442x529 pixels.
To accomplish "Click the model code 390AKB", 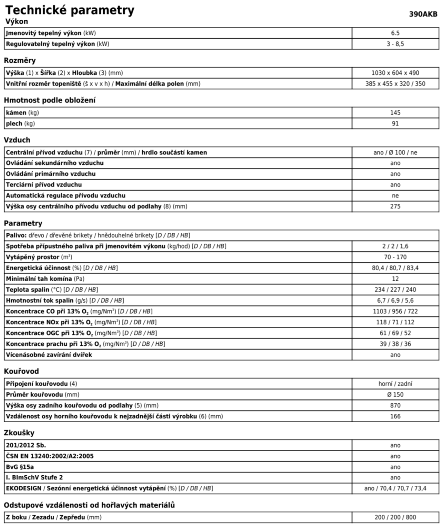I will coord(423,14).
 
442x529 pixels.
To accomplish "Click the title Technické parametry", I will coord(70,10).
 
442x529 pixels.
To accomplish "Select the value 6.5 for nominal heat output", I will coord(395,33).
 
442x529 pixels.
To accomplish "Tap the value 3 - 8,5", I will coord(395,44).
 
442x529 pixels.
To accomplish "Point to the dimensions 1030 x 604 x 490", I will coord(395,73).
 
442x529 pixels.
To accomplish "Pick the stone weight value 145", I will coord(395,113).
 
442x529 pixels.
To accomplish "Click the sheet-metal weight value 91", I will coord(395,124).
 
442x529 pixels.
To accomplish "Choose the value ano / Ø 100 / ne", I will coord(395,152).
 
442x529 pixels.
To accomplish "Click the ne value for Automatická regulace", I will coord(395,196).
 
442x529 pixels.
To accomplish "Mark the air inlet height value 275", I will coord(395,206).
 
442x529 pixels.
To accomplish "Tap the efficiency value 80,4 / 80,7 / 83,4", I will coord(395,268).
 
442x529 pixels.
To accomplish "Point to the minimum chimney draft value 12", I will coord(395,279).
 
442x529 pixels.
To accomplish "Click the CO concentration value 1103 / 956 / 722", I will coord(395,311).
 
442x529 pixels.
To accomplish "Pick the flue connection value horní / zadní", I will coord(395,384).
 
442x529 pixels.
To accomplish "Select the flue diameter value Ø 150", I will coord(395,395).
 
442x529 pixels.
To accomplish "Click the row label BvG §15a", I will coord(20,467).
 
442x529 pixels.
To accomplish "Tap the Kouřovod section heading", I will coord(21,371).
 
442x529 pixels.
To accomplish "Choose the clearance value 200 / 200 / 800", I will coord(395,517).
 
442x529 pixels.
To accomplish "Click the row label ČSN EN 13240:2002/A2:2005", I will coord(49,456).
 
